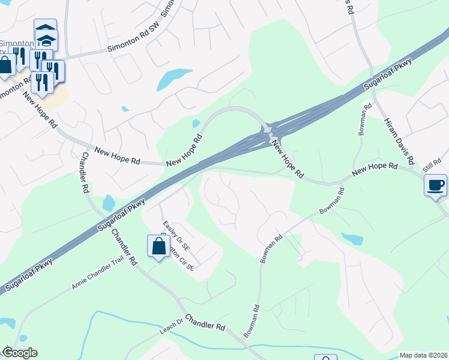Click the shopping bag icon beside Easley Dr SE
(158, 245)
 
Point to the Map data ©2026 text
(423, 355)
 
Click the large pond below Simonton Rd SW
(174, 79)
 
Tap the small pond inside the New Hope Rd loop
(196, 124)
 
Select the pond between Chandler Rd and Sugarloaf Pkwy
(109, 203)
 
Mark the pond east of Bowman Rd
(354, 239)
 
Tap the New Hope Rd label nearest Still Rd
(375, 170)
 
